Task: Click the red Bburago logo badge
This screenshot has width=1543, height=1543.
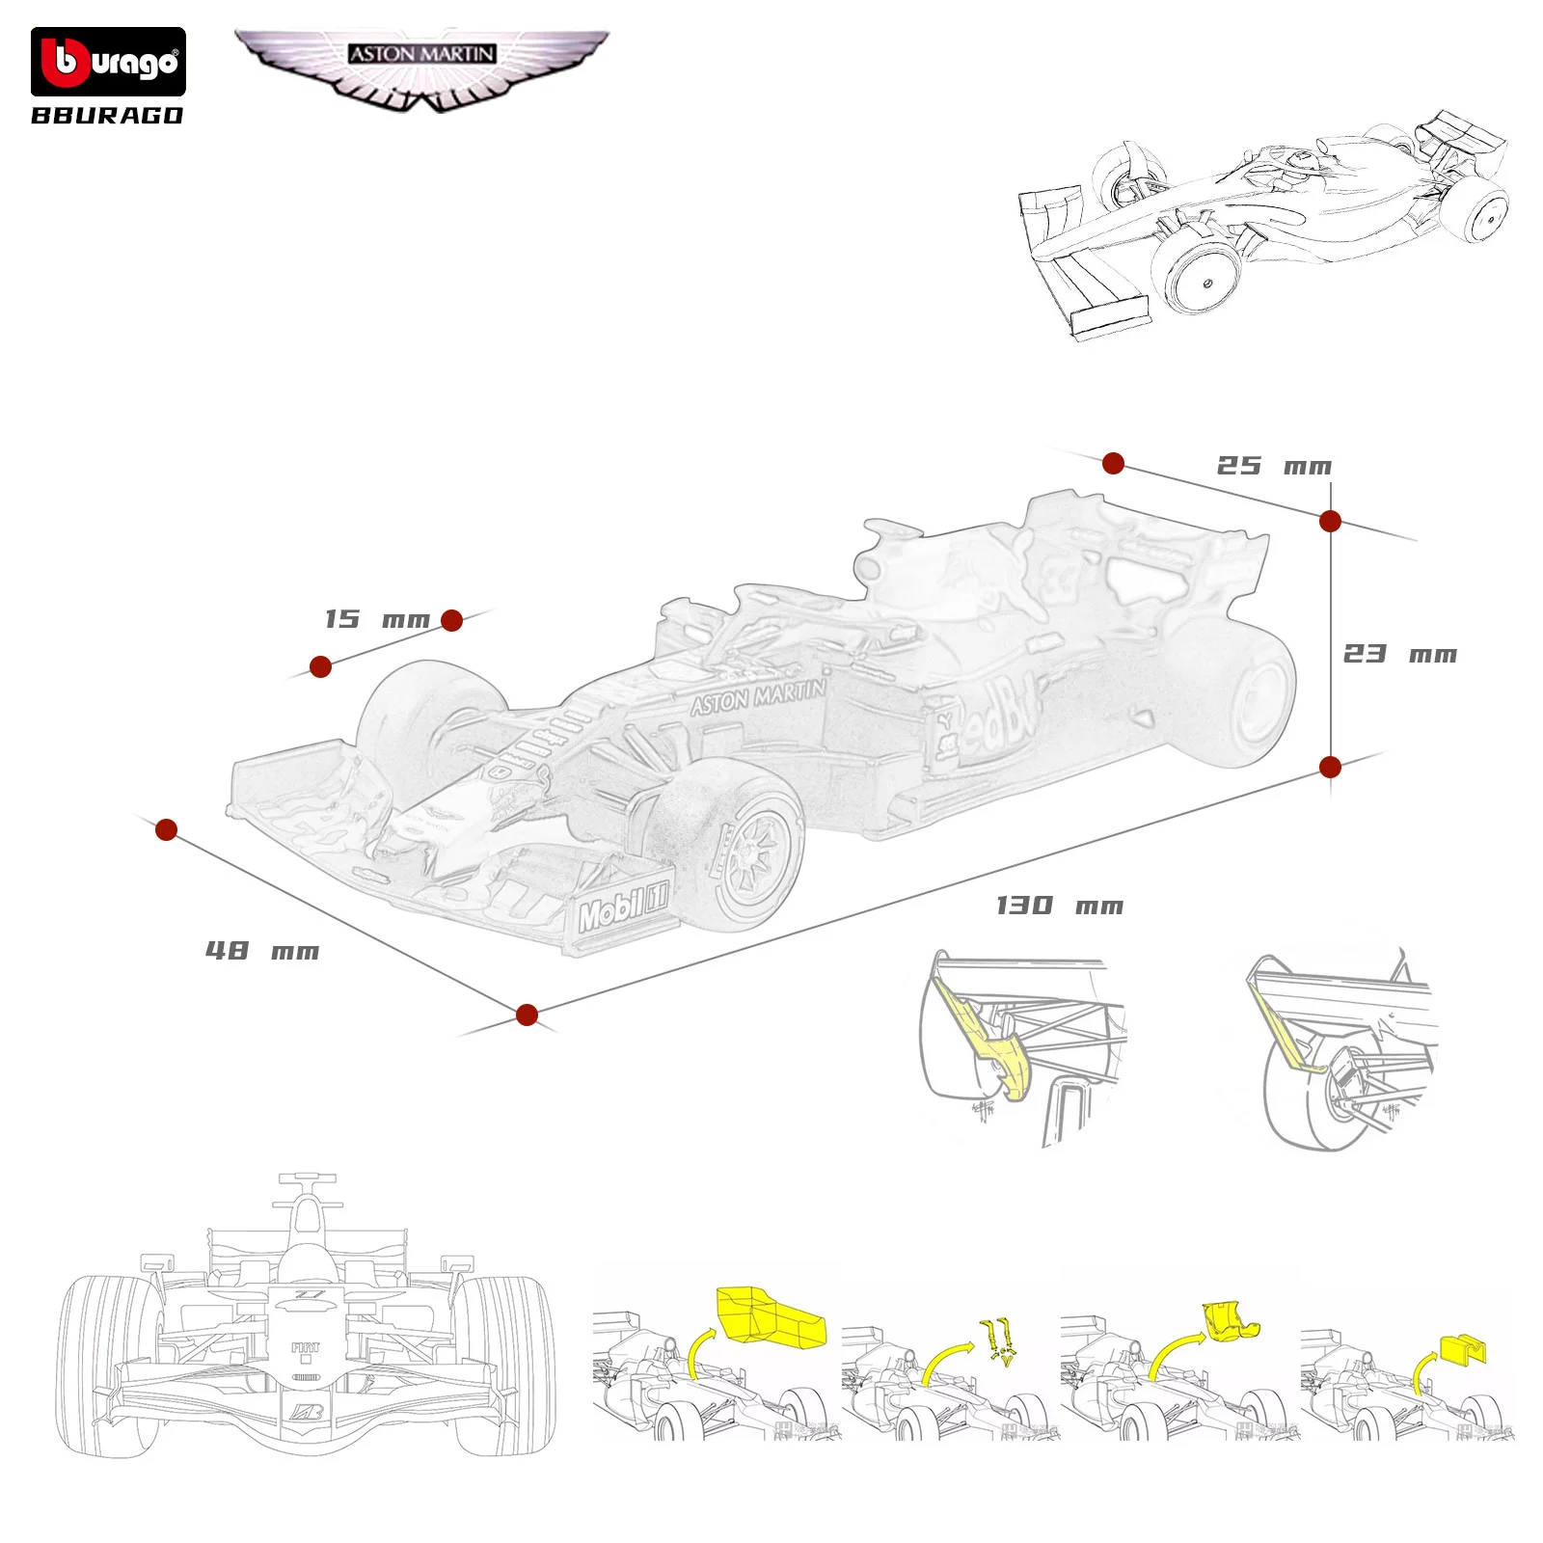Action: click(x=108, y=62)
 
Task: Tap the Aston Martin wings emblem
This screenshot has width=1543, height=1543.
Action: click(x=421, y=68)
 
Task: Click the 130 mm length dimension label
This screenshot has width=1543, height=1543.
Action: click(x=1059, y=906)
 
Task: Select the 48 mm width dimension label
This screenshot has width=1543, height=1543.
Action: click(x=261, y=951)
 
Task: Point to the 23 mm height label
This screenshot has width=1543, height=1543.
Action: click(x=1399, y=654)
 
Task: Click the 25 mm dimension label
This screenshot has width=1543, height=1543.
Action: click(x=1273, y=466)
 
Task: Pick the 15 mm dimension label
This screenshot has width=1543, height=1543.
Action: click(x=376, y=619)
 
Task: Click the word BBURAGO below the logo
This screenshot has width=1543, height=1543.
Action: click(x=107, y=116)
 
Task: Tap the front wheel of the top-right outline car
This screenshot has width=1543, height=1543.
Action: click(x=1202, y=278)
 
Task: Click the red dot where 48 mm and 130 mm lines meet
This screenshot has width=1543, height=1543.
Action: click(x=527, y=1015)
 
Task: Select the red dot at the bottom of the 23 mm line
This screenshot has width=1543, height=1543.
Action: click(x=1330, y=767)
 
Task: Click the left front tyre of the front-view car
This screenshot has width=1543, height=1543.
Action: click(x=108, y=1360)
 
